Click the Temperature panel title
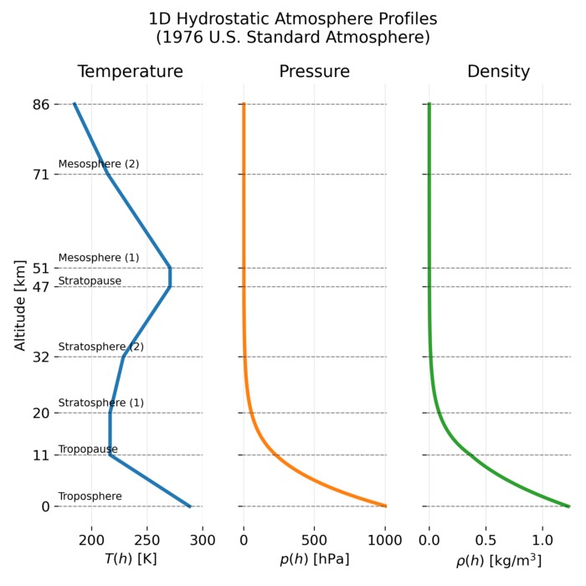130,72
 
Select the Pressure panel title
314,72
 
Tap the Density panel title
498,72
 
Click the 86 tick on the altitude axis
41,105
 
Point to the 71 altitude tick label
41,174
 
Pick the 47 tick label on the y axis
41,286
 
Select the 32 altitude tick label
41,357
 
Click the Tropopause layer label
88,450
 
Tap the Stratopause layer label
90,281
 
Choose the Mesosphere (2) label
99,164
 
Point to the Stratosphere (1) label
101,403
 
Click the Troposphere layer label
90,496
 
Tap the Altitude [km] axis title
20,306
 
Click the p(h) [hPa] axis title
314,558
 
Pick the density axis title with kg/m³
499,558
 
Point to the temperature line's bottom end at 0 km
190,506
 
